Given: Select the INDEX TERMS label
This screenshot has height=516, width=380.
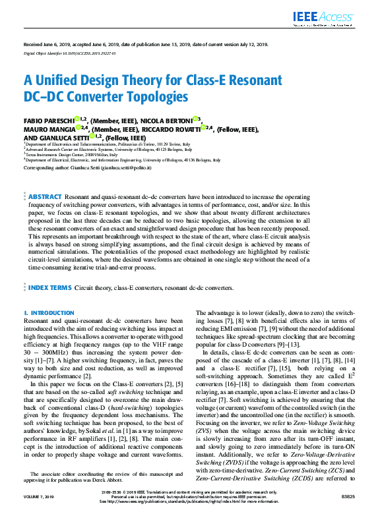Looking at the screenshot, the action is pyautogui.click(x=49, y=289).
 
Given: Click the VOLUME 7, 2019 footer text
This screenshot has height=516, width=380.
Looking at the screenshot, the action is pyautogui.click(x=38, y=498).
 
